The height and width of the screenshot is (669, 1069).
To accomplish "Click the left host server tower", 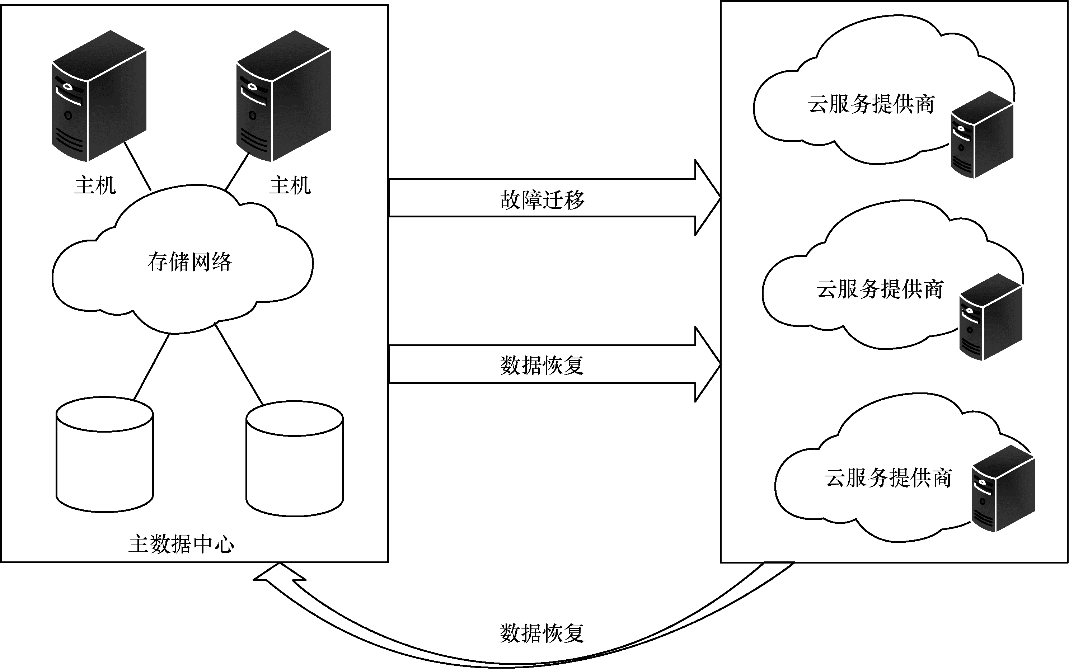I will click(99, 96).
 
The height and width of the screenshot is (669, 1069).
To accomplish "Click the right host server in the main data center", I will click(283, 96).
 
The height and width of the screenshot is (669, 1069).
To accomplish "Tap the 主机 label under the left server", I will click(95, 185).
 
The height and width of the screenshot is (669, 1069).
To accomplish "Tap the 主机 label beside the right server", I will click(290, 185).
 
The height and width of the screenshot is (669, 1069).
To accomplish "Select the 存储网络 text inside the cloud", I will click(189, 262).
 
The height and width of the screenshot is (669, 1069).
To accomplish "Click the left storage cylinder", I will click(104, 454).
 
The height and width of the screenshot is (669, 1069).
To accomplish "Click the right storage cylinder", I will click(294, 459).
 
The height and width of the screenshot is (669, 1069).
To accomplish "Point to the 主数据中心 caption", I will click(182, 544).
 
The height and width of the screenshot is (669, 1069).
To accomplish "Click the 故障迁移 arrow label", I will click(542, 199).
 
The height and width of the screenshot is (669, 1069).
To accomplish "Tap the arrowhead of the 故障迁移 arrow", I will click(707, 198).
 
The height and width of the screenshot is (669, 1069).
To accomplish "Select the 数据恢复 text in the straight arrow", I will click(542, 366).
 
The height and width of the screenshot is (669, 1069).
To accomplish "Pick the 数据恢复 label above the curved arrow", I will click(542, 633).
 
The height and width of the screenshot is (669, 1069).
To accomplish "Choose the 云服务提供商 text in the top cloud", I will click(871, 104).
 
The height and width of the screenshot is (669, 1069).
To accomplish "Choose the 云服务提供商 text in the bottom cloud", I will click(888, 478).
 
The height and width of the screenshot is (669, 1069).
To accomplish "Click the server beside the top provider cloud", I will click(982, 135).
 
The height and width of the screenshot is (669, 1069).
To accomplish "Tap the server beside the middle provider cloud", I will click(991, 317).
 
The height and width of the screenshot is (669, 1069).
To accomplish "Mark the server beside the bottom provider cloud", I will click(1003, 489).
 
